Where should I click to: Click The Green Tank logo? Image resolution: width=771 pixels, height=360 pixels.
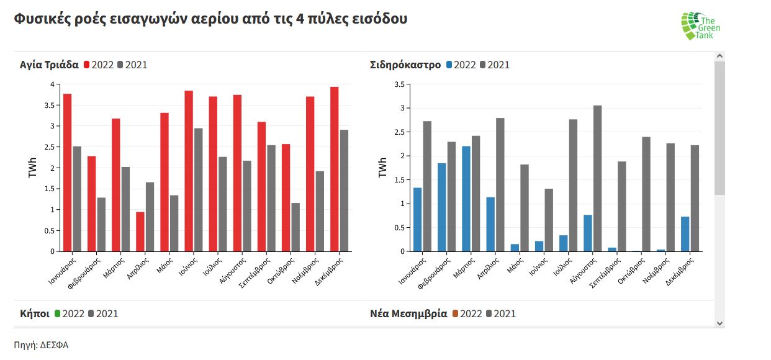701,26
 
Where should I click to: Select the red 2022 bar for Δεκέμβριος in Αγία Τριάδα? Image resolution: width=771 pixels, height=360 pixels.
334,169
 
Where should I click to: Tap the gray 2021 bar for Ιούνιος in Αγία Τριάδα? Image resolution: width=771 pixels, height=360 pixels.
198,189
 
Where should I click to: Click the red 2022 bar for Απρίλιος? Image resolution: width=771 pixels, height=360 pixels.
140,232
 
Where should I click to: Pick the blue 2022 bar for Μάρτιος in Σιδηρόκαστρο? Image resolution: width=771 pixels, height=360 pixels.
466,199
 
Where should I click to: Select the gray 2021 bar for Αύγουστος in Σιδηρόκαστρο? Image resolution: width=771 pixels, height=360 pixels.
597,178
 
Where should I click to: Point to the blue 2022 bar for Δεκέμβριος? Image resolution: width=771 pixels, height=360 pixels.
685,234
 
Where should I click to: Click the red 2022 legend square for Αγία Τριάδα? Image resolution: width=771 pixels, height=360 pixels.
87,65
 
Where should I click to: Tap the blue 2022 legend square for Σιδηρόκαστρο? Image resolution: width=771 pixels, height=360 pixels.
449,65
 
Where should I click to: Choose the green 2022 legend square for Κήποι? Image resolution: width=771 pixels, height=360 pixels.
58,313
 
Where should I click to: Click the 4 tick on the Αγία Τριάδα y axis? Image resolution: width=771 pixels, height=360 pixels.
52,84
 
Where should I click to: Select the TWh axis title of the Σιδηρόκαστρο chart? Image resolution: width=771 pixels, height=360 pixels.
383,168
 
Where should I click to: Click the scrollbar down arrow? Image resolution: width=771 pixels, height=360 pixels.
719,323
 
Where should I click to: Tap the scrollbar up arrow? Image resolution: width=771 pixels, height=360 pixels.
719,56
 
